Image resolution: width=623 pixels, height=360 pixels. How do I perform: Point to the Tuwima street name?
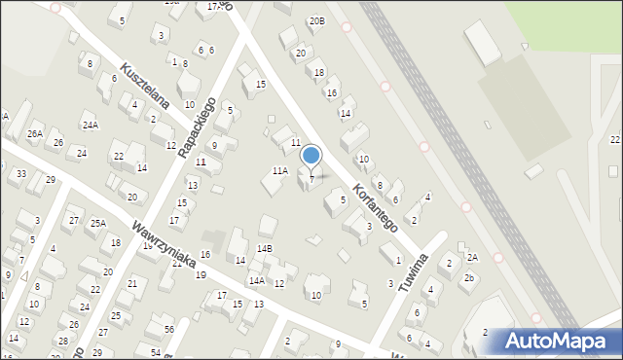414,276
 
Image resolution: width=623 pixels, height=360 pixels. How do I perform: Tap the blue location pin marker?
311,157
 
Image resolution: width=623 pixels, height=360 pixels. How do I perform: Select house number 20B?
316,20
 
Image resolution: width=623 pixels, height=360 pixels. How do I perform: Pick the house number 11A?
279,171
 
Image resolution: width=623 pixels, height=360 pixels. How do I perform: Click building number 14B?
265,249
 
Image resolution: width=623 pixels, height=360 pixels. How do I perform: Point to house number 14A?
256,280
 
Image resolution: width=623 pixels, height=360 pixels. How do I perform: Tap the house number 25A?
98,223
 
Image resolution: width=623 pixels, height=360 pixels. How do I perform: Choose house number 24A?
90,126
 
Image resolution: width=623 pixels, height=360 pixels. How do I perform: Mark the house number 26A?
35,133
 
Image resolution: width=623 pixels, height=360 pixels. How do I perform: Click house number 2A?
472,257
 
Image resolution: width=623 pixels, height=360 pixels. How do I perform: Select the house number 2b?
468,278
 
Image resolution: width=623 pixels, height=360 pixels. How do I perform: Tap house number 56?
169,330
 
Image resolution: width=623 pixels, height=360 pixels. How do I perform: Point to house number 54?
156,351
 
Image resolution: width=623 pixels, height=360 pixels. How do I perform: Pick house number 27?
74,221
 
